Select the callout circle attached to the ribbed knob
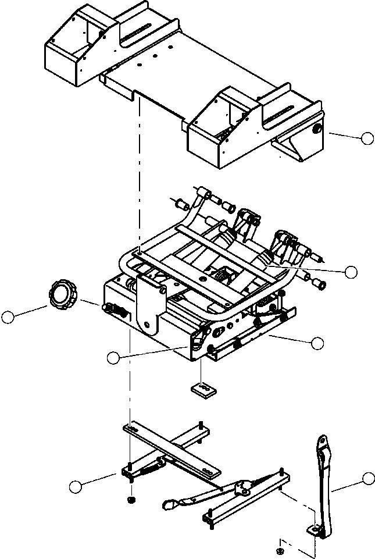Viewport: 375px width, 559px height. coord(8,317)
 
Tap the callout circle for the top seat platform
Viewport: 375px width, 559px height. coord(366,138)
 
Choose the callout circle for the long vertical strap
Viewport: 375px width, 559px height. coord(367,478)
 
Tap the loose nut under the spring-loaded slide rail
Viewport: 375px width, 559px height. coord(131,500)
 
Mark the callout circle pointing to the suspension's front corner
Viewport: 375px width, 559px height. coord(113,358)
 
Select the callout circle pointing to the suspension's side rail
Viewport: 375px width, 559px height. coord(317,343)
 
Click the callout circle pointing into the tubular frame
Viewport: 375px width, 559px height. coord(350,271)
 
